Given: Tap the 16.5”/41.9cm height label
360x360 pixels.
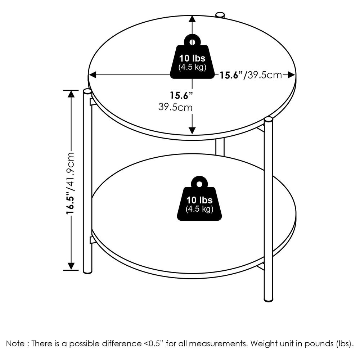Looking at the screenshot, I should point(71,183).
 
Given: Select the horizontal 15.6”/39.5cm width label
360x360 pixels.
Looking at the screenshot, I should point(251,75).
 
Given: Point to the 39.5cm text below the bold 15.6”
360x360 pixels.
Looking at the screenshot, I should point(175,107).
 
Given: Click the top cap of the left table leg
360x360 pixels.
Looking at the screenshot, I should point(87,92).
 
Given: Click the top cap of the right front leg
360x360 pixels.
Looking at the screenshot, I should point(268,120).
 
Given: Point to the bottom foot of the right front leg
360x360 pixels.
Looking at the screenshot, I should point(268,299).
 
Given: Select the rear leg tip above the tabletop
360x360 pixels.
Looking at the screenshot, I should point(220,15).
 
